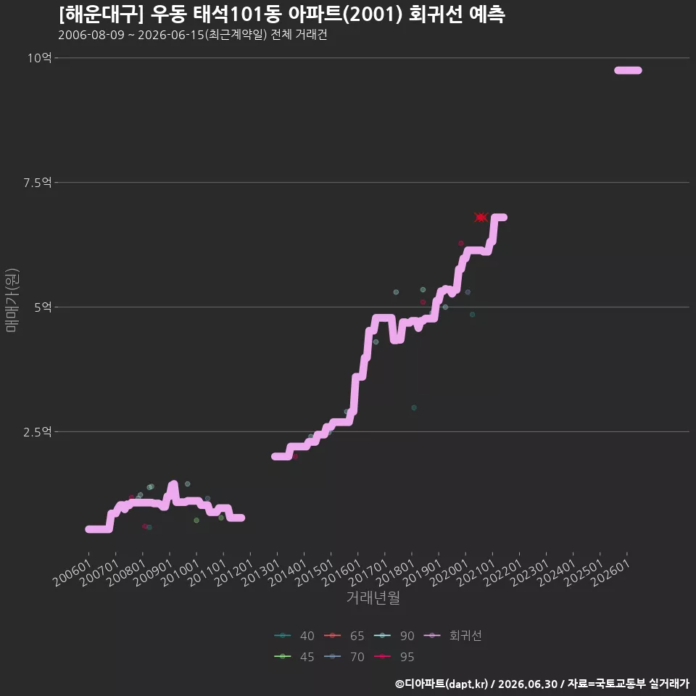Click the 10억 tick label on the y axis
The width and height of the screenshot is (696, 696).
39,58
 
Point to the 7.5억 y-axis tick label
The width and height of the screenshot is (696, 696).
38,183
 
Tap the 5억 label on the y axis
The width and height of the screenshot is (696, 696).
43,307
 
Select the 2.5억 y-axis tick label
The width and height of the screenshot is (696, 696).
38,432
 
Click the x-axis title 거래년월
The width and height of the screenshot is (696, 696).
373,597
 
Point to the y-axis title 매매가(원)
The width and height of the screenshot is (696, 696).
12,300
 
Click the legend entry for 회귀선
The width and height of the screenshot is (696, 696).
453,636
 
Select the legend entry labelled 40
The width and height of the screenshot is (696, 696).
294,636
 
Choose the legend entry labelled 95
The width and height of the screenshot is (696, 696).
394,657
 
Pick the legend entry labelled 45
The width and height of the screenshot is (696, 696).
294,657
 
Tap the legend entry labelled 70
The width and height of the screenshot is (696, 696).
344,657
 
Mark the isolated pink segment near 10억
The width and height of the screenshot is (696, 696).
628,70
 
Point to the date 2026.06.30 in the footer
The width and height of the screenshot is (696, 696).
527,684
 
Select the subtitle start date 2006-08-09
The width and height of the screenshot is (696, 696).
91,35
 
